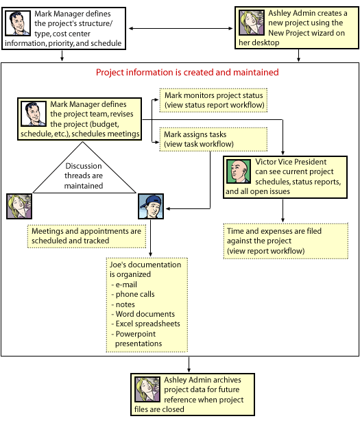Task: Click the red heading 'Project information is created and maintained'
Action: click(x=187, y=72)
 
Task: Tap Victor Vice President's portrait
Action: click(x=239, y=171)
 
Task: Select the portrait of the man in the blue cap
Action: click(x=151, y=206)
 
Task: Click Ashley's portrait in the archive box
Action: click(x=147, y=389)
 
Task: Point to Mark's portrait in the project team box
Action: click(x=34, y=114)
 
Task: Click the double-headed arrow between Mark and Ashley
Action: click(x=180, y=28)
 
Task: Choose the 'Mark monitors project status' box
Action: click(x=213, y=100)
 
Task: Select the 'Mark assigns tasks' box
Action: click(x=213, y=139)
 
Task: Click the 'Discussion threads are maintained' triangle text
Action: click(x=84, y=176)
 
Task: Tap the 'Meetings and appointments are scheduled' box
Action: click(x=86, y=236)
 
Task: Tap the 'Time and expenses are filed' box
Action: click(x=286, y=241)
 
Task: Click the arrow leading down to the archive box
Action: click(x=189, y=365)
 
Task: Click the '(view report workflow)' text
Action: click(x=266, y=251)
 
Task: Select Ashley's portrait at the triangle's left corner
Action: click(x=19, y=206)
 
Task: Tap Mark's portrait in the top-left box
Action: click(x=18, y=23)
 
